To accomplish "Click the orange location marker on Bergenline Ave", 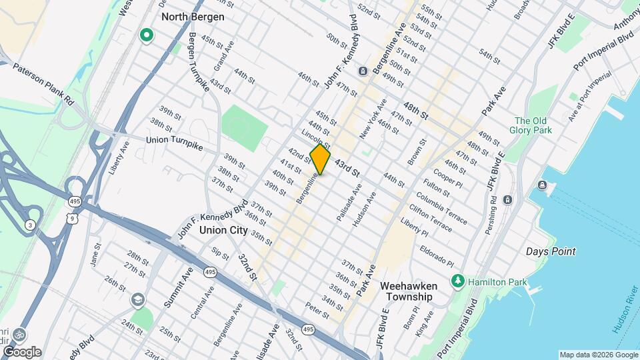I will (x=321, y=159).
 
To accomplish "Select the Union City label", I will (x=223, y=230).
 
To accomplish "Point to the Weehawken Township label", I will (x=407, y=291).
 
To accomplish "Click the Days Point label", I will (x=551, y=251).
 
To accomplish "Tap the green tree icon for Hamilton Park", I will (x=457, y=281).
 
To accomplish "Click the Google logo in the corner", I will (x=22, y=352).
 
